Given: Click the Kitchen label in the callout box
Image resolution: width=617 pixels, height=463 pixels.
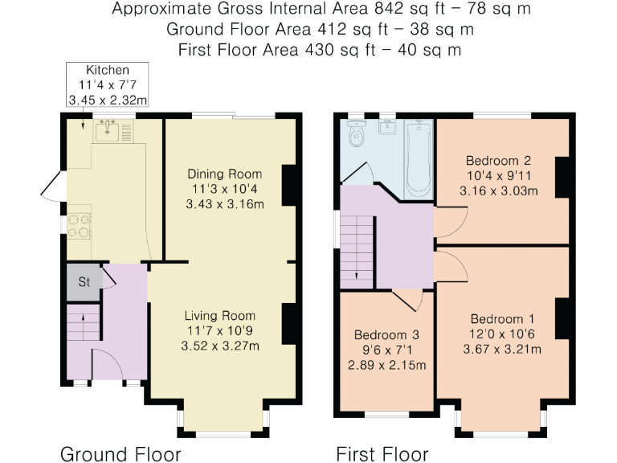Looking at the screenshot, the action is coord(108,70).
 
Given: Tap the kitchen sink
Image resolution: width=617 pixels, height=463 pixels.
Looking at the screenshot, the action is coord(107,131).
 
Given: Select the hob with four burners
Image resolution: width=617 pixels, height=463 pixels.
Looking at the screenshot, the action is coord(79,227).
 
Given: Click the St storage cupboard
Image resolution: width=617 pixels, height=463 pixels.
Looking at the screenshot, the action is coord(84,282).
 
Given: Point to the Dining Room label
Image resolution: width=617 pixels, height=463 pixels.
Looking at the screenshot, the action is coord(225,174).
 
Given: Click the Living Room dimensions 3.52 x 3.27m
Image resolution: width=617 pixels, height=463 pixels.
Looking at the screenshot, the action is coord(220,346).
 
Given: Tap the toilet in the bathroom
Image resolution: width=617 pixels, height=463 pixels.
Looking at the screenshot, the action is coord(357,133).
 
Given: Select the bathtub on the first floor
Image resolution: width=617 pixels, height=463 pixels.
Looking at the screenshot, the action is coord(419,159).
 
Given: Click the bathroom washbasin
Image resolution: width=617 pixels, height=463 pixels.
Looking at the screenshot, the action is coord(388,127).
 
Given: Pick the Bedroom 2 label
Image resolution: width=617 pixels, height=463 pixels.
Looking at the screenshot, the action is coord(499,161).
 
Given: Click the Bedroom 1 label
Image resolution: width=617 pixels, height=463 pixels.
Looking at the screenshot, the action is coord(502,319).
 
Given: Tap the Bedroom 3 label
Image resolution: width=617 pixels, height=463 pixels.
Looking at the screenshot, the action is coord(386,335).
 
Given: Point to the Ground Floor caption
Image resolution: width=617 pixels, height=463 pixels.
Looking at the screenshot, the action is coord(121,454).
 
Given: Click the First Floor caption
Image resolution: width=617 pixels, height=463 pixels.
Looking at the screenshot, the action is coord(382,454).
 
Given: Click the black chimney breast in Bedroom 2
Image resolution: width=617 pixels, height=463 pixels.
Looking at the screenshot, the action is coord(562,177).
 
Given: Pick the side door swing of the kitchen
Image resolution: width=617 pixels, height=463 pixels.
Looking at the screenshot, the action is coord(51,186).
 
